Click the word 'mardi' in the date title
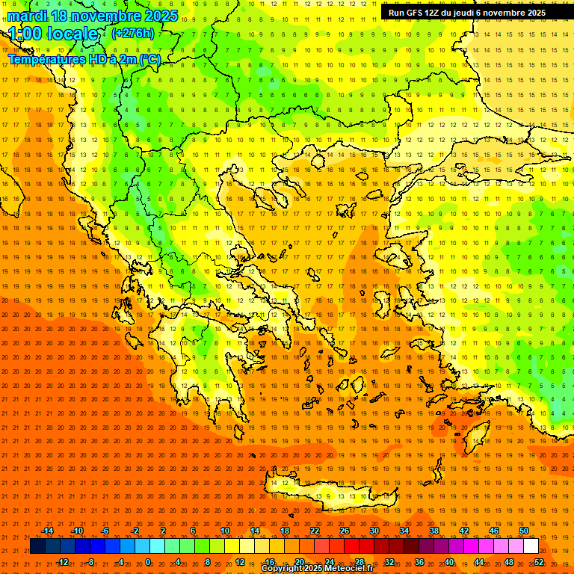tap(26, 15)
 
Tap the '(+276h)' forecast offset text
tap(132, 33)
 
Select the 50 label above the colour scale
tap(524, 531)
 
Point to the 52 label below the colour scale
tap(539, 562)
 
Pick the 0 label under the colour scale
tap(148, 562)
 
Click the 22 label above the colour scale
tap(315, 531)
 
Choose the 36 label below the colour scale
tap(419, 562)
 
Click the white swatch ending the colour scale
tap(531, 546)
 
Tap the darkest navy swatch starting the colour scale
tap(37, 546)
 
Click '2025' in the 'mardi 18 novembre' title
tap(161, 15)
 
